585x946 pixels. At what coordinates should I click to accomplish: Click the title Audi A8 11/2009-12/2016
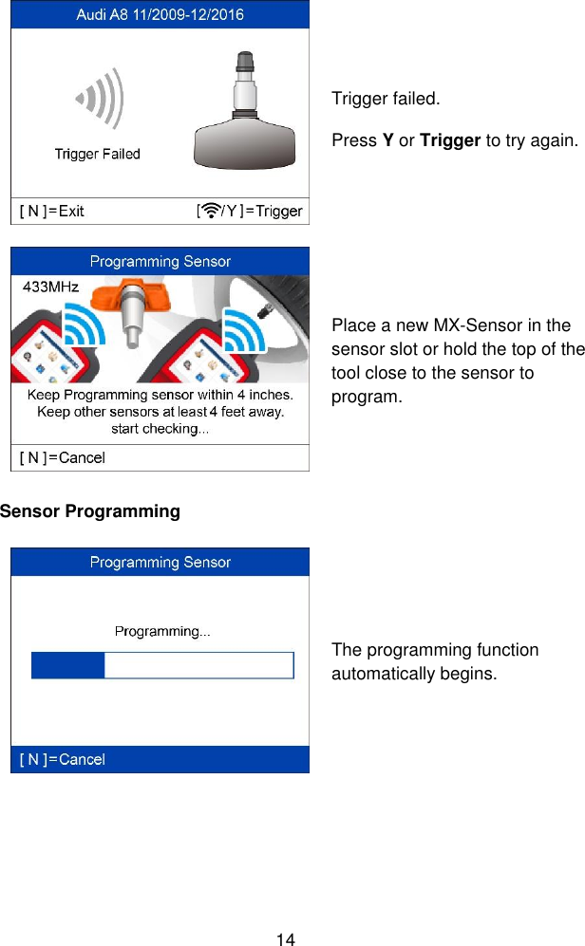point(160,14)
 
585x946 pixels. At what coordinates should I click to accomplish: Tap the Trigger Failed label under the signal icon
point(97,154)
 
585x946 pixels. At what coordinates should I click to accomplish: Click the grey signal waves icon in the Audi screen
point(101,98)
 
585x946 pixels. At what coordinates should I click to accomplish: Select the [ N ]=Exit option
point(52,211)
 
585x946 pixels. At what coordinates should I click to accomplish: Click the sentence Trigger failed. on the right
point(385,99)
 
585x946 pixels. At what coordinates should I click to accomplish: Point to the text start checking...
point(160,428)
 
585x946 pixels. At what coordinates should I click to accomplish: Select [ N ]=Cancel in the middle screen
point(63,457)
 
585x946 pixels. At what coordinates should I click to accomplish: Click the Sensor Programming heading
point(90,511)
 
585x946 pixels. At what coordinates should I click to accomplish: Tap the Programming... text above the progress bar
point(162,631)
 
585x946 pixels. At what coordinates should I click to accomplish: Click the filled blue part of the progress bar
point(67,665)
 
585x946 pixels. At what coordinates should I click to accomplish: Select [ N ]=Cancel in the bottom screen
point(63,759)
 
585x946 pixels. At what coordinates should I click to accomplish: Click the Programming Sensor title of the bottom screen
point(160,562)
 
